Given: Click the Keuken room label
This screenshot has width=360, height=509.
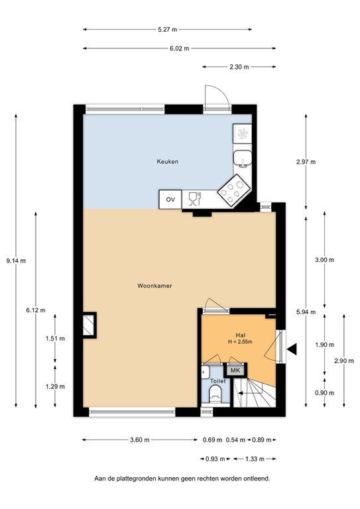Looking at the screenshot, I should click(x=167, y=161).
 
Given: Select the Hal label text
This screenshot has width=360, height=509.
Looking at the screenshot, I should click(x=241, y=335).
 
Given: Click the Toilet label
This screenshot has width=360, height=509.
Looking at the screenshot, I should click(x=218, y=382).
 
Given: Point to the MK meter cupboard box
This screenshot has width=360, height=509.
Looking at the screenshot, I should click(x=236, y=370).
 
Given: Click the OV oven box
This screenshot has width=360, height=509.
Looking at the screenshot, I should click(x=170, y=199).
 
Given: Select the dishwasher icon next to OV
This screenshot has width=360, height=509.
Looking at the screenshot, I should click(x=194, y=199).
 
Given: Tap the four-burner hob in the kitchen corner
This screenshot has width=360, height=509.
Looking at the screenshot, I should click(x=234, y=190).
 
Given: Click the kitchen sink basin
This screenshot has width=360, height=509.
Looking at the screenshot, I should click(x=243, y=158).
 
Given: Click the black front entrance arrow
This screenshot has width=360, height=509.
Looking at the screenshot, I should click(x=292, y=348).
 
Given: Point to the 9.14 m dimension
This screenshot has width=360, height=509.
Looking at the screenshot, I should click(x=16, y=260).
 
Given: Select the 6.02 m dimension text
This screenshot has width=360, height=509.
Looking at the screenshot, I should click(x=179, y=48).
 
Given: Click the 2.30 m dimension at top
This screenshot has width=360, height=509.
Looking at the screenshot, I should click(x=239, y=66).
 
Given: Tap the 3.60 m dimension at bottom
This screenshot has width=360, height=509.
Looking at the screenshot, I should click(x=139, y=440).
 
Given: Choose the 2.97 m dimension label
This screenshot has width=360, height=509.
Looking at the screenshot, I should click(x=306, y=162).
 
